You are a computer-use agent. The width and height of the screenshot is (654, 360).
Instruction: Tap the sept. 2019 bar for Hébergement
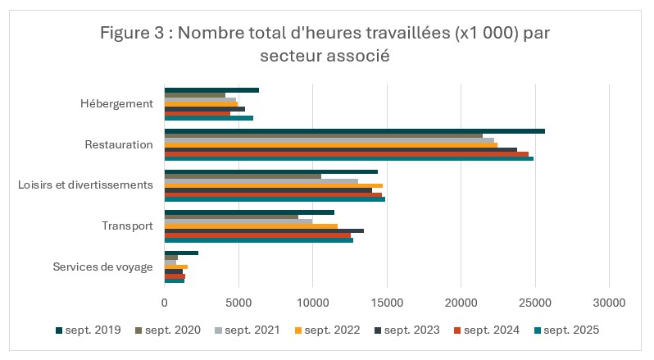click(211, 90)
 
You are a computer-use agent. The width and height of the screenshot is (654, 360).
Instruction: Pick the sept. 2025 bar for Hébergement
click(208, 117)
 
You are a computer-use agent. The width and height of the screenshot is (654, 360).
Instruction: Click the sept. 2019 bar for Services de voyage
click(181, 253)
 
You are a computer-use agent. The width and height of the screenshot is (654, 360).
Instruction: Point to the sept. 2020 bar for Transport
click(231, 216)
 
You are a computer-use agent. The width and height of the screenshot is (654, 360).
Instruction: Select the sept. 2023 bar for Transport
click(264, 230)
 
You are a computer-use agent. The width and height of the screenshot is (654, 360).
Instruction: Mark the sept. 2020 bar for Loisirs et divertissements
click(243, 176)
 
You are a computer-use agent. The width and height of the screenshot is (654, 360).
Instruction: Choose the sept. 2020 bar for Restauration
click(323, 135)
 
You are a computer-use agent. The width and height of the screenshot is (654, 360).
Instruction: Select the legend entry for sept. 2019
click(88, 330)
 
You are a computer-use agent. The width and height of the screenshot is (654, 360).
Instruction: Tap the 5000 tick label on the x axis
click(238, 303)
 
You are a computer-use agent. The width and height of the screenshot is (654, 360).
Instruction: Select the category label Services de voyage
click(102, 267)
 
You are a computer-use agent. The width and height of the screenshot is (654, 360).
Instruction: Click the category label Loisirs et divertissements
click(85, 185)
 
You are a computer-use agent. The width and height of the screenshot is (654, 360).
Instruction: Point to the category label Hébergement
click(116, 104)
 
